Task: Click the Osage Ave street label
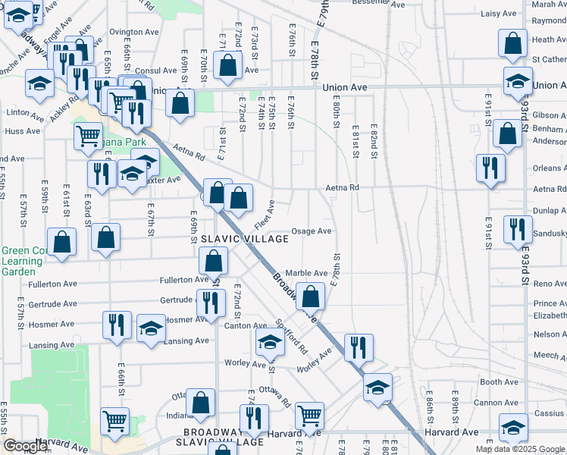point(312,231)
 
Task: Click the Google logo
point(25,445)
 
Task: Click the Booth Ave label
point(499,382)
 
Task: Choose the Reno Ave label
point(550,284)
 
